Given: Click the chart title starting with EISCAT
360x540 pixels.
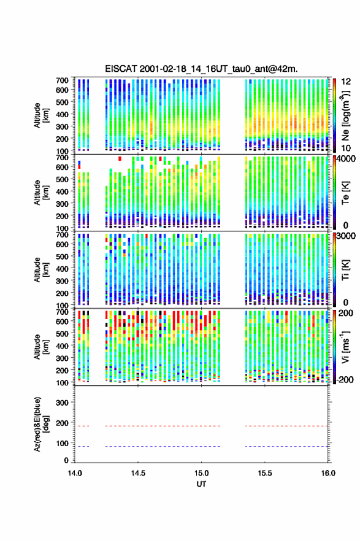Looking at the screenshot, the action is click(201, 69).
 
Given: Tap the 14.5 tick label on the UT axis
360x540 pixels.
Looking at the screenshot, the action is click(138, 473).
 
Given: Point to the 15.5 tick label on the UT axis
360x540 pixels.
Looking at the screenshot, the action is click(265, 473).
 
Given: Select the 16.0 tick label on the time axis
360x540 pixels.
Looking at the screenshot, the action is click(328, 473).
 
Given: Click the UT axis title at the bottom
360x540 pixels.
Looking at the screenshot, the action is click(201, 484).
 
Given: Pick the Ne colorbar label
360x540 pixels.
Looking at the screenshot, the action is click(345, 116).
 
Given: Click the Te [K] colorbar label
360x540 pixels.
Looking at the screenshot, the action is click(345, 193).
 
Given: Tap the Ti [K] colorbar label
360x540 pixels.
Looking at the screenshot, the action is click(345, 269).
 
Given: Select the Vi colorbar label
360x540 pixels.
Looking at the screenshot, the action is click(345, 347).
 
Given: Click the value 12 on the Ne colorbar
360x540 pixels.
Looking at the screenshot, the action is click(346, 82).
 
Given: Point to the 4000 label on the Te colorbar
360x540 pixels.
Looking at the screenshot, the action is click(347, 159).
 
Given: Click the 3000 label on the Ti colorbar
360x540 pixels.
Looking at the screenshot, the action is click(347, 236).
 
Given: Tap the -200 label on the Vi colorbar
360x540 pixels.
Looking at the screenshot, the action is click(345, 380).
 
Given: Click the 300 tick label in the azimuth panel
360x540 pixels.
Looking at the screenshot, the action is click(62, 403).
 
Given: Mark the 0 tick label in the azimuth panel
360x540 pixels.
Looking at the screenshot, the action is click(66, 460).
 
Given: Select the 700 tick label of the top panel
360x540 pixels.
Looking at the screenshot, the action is click(62, 80).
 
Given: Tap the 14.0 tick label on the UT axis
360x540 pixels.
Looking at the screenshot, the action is click(75, 473).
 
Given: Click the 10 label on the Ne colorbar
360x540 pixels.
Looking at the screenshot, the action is click(346, 148).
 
